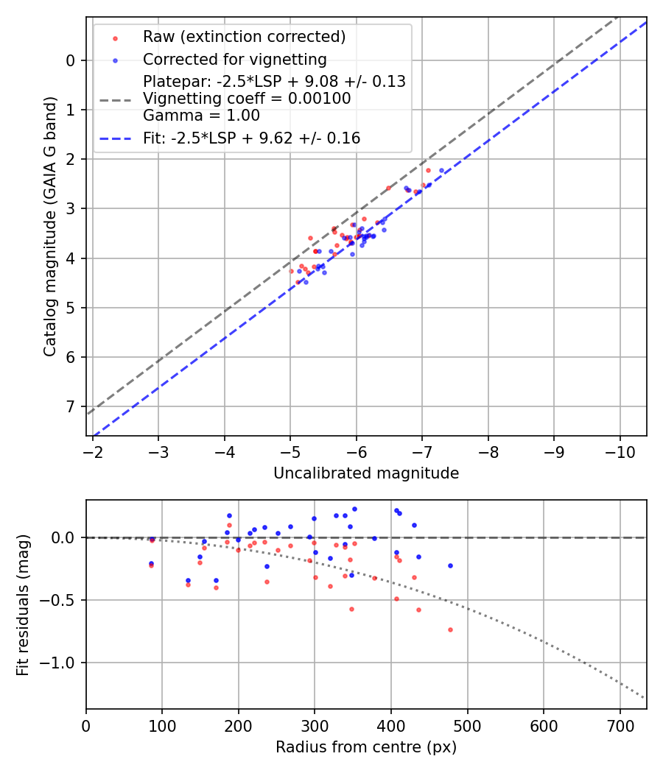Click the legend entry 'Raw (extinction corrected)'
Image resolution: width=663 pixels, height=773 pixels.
pos(244,37)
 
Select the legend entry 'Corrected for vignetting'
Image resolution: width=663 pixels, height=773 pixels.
pos(234,59)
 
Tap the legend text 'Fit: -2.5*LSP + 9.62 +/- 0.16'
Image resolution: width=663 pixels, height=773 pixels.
pos(251,138)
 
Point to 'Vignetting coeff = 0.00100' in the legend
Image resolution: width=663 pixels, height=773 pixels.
pos(247,99)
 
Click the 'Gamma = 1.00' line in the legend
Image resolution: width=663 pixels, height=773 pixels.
pos(201,116)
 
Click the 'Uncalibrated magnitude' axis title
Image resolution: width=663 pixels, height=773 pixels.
pos(366,473)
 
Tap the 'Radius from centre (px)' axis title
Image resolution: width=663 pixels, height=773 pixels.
pos(366,747)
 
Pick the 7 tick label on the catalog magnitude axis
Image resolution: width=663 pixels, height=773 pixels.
pos(71,406)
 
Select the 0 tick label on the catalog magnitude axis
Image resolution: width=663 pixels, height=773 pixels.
pos(71,60)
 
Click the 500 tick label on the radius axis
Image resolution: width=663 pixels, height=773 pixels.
pos(467,726)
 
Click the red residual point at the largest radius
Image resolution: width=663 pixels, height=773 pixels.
pos(450,629)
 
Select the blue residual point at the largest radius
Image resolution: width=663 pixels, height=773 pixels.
pos(450,565)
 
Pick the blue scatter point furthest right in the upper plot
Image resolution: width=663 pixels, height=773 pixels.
pos(442,170)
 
